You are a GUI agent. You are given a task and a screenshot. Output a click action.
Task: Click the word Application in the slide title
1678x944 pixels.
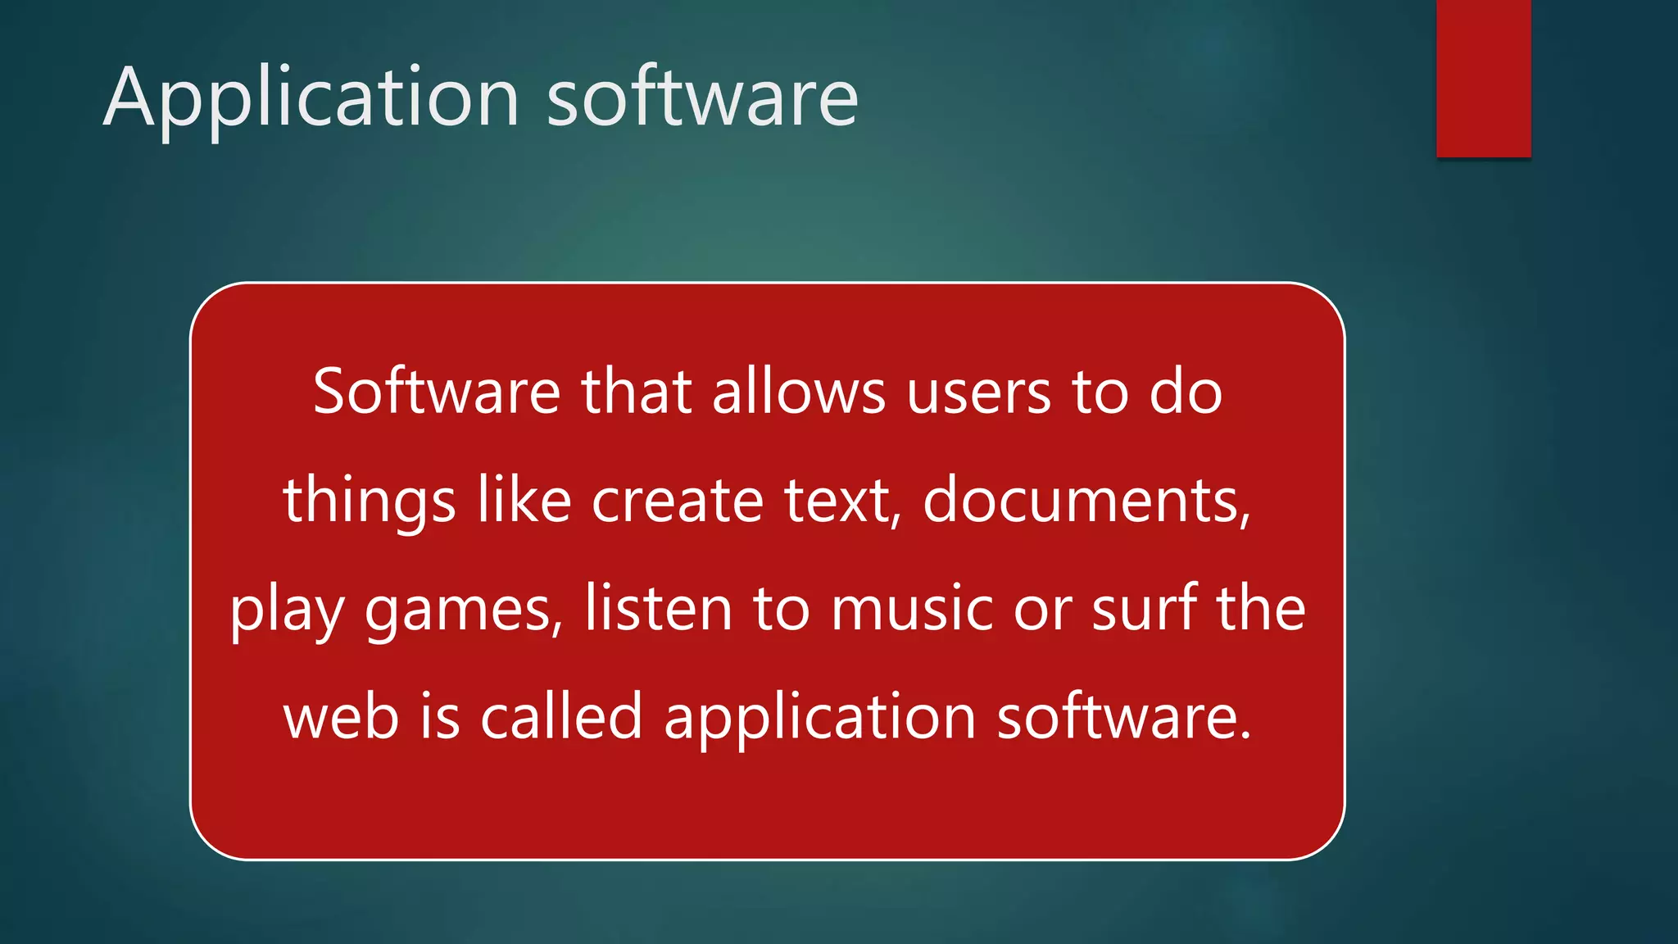pyautogui.click(x=311, y=98)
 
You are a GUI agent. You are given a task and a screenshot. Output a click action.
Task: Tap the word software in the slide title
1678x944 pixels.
pyautogui.click(x=702, y=98)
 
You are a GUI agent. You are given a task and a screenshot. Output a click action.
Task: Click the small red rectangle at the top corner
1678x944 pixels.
pyautogui.click(x=1483, y=78)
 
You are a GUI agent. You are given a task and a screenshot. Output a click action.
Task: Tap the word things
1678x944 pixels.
pyautogui.click(x=370, y=501)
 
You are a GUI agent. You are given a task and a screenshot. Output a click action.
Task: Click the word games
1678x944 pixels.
pyautogui.click(x=464, y=610)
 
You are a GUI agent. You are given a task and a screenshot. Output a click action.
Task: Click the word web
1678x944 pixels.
pyautogui.click(x=341, y=716)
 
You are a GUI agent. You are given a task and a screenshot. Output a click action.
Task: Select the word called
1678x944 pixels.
pyautogui.click(x=561, y=716)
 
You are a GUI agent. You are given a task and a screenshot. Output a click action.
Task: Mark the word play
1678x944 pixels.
pyautogui.click(x=287, y=610)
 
